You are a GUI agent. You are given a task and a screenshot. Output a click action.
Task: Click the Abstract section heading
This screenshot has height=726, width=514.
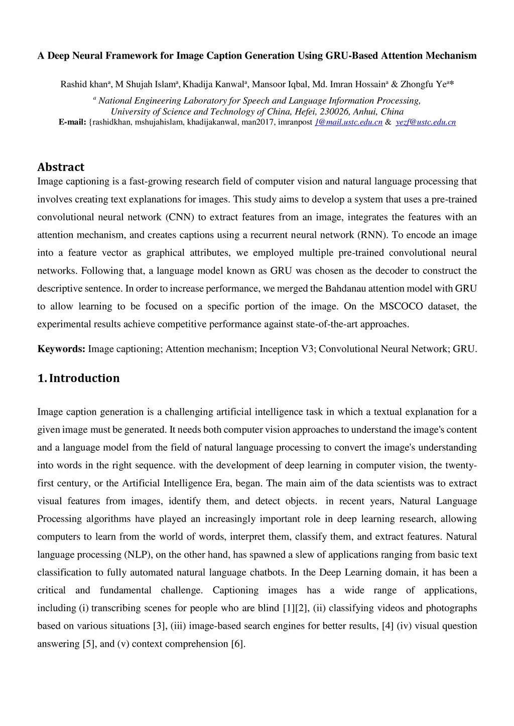(61, 167)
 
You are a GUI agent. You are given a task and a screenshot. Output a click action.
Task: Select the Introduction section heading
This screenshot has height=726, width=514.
(78, 378)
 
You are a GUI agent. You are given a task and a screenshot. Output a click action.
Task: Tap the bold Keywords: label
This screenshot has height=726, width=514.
(61, 349)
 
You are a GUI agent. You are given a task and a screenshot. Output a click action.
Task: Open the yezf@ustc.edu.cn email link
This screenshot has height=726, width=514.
(426, 122)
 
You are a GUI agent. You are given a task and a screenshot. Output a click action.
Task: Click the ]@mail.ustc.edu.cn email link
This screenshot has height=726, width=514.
(348, 122)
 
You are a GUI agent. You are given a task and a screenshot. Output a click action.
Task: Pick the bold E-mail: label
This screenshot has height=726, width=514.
(72, 122)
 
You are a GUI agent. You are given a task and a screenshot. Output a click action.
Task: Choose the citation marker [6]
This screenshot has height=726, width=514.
(237, 644)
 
